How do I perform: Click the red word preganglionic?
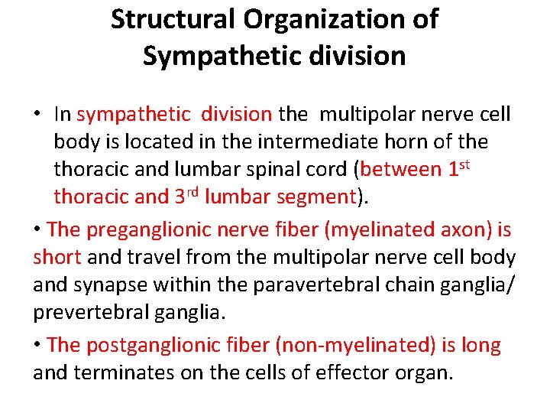(x=155, y=230)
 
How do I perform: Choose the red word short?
(x=57, y=258)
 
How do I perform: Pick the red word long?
(x=481, y=346)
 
